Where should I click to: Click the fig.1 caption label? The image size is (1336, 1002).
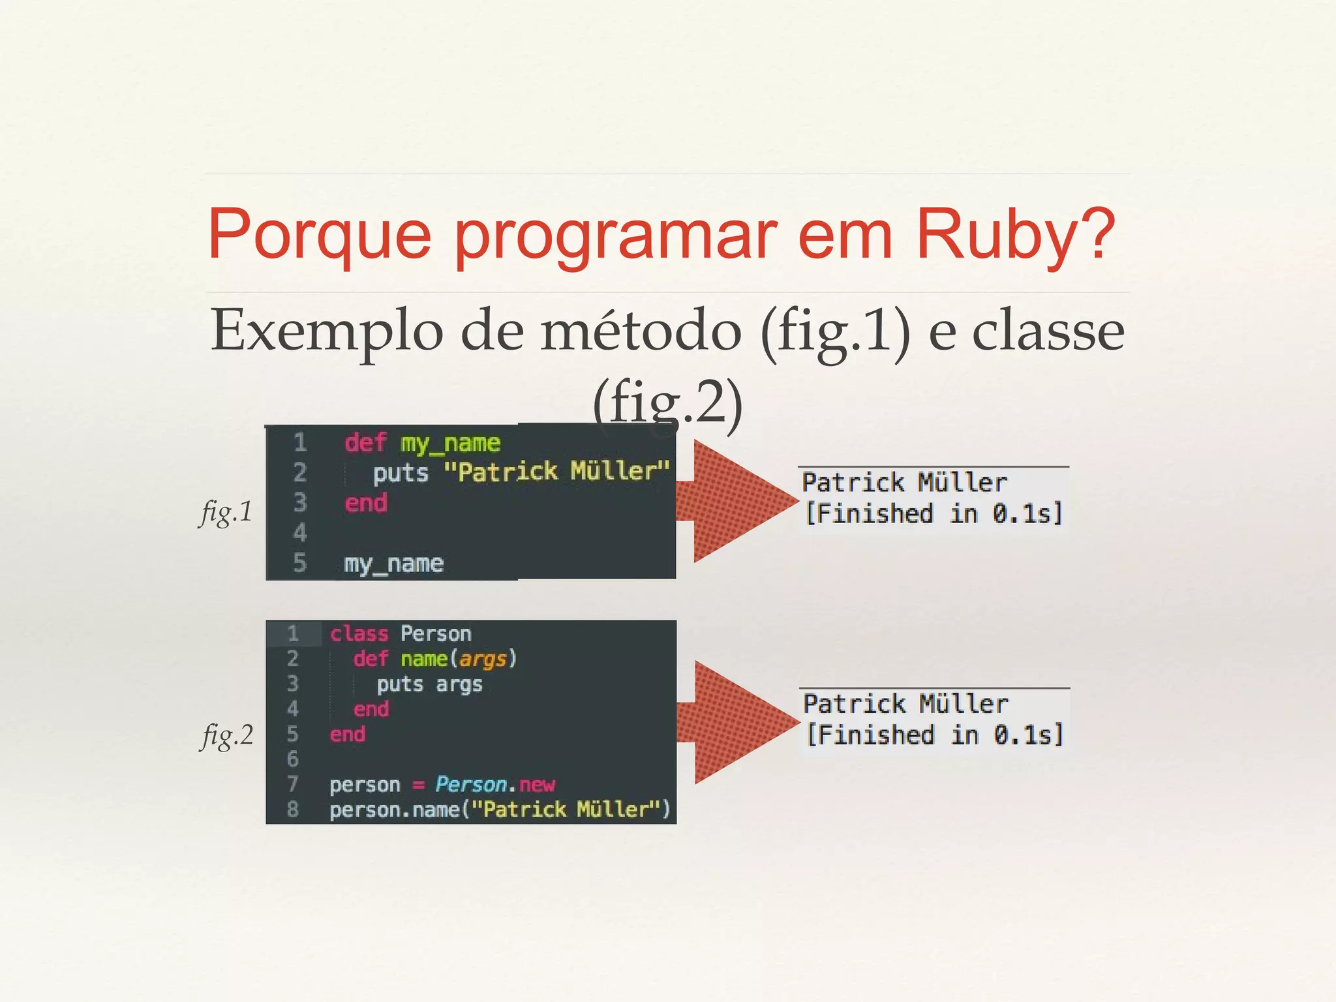click(x=226, y=511)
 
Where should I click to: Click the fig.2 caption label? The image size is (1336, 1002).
click(x=226, y=735)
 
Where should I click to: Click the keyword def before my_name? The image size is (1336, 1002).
click(x=365, y=442)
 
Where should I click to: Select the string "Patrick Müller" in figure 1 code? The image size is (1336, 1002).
click(x=556, y=471)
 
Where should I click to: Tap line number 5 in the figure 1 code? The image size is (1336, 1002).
click(x=299, y=562)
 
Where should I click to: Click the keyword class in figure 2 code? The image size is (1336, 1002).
click(x=359, y=633)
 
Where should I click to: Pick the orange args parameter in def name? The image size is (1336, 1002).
click(x=483, y=659)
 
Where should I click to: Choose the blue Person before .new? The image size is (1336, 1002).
click(x=471, y=784)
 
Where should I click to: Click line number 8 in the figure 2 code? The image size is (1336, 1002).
click(x=293, y=810)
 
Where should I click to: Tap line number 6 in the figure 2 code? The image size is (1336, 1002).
click(x=293, y=759)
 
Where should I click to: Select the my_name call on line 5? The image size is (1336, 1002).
click(x=393, y=563)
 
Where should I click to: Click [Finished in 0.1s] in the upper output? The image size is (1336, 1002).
click(x=933, y=514)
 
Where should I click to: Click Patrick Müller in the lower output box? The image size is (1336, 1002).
click(x=905, y=704)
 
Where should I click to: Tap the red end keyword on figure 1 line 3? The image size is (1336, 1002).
click(x=365, y=503)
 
